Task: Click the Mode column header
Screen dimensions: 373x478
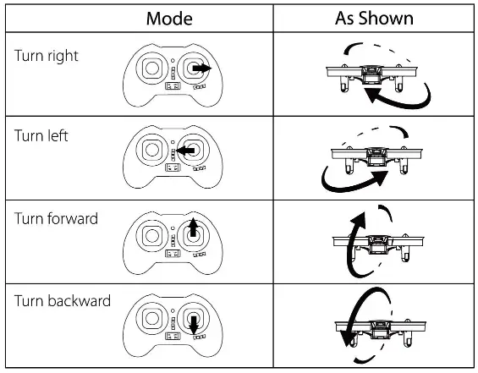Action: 169,17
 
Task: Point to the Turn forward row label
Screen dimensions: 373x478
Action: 56,218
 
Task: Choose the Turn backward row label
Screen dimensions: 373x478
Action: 62,300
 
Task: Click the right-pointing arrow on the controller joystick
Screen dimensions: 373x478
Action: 200,68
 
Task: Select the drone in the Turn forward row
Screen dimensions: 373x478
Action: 372,242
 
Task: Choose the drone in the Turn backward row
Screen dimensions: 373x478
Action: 372,325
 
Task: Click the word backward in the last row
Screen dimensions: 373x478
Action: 79,300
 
